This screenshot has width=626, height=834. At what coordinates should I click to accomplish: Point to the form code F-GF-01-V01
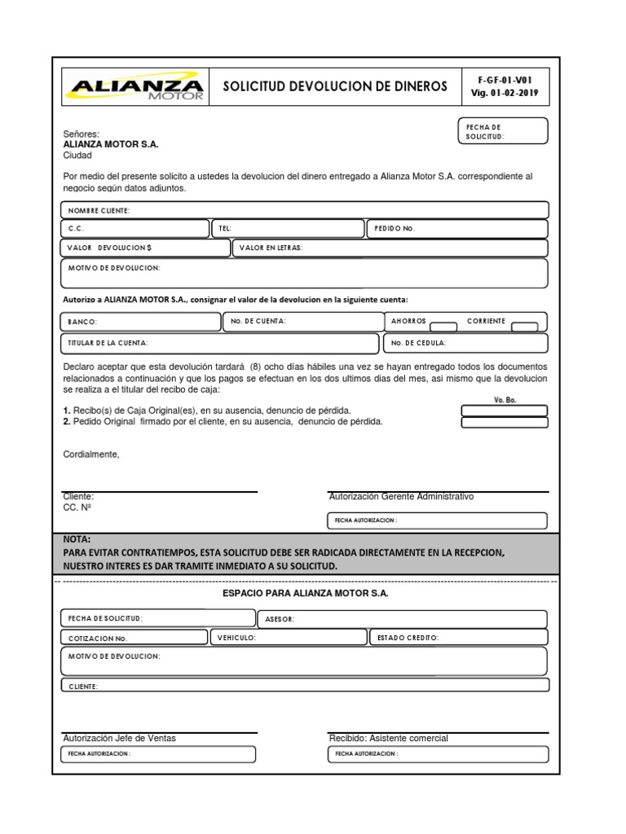click(505, 80)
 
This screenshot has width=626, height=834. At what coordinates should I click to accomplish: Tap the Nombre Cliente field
click(305, 210)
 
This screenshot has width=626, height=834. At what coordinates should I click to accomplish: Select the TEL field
click(288, 229)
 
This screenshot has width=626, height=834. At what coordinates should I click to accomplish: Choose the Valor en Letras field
click(390, 248)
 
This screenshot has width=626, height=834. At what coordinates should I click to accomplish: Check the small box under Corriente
click(523, 328)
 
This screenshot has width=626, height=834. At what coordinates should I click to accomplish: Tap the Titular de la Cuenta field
click(220, 344)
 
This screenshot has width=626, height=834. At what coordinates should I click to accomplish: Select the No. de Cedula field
click(465, 344)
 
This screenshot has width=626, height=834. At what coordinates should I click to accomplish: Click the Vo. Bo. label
click(505, 400)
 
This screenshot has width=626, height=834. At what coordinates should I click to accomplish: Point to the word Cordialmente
click(91, 454)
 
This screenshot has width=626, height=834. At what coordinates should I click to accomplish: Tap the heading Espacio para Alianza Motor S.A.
click(305, 594)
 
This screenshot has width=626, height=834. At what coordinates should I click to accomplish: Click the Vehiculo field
click(288, 638)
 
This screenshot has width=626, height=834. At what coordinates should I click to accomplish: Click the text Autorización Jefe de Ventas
click(119, 738)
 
